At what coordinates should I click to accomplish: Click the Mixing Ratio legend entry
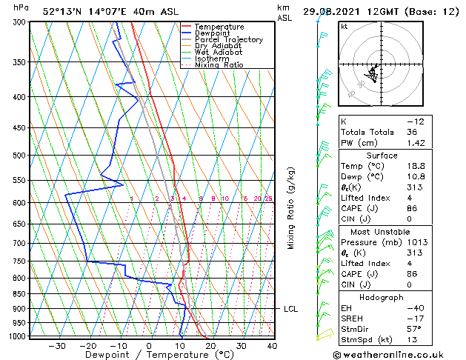[219, 65]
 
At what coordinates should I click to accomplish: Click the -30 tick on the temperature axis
[56, 345]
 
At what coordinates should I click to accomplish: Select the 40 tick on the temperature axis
[272, 345]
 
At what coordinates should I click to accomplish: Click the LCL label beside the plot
[290, 309]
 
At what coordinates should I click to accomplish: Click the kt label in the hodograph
[344, 27]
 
